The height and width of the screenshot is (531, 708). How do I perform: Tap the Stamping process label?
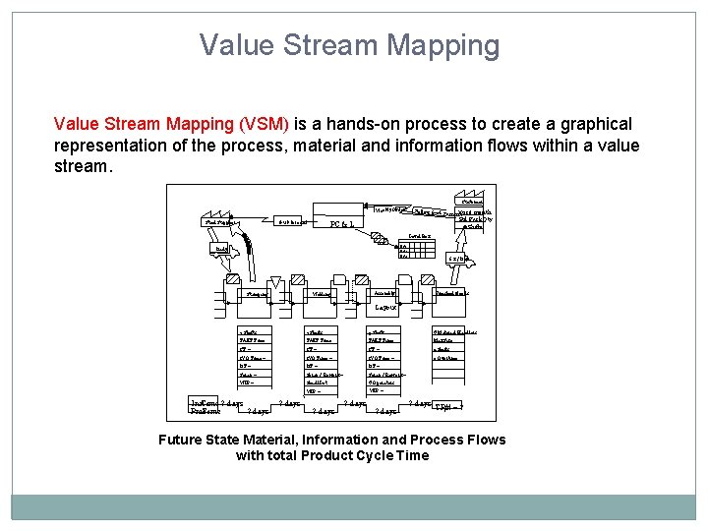[x=261, y=293]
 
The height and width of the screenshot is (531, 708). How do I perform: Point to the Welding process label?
[x=321, y=293]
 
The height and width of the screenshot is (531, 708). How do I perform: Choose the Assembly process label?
[x=384, y=293]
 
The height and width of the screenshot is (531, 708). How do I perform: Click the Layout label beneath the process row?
[x=386, y=308]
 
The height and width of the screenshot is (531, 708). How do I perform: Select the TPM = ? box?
[x=446, y=406]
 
